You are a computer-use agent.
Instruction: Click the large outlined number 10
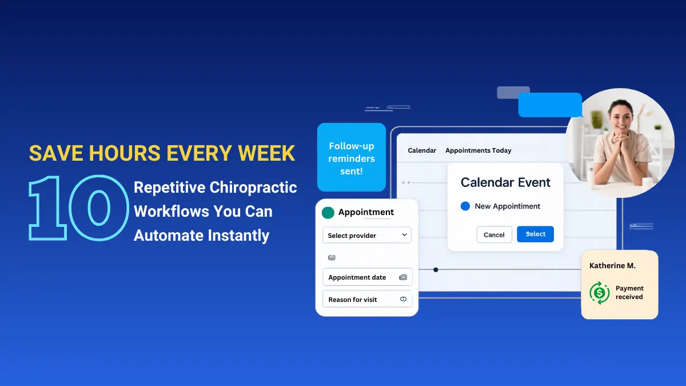78,207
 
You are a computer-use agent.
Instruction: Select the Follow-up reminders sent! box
351,158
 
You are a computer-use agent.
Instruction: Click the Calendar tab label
422,150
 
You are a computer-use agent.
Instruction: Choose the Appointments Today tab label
478,150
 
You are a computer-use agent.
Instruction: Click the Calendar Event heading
505,182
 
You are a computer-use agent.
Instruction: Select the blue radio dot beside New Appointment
465,206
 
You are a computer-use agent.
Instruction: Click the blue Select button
535,234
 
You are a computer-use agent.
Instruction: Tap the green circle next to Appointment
328,213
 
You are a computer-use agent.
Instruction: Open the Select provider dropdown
366,235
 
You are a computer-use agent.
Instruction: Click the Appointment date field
366,277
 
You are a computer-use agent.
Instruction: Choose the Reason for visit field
366,300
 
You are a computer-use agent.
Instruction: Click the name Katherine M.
612,266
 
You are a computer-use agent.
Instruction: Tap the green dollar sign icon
599,293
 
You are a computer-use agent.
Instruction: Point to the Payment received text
629,293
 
